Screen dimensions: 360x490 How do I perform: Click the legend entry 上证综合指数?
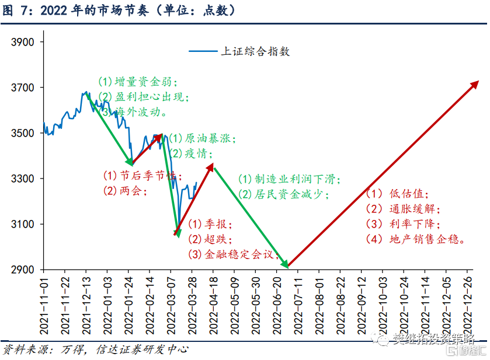(x=255, y=51)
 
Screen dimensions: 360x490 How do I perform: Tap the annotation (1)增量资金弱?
(x=138, y=81)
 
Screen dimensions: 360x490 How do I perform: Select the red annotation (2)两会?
(x=125, y=191)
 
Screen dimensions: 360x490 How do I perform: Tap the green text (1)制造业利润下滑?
(x=289, y=180)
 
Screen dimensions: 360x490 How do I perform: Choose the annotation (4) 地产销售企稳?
(x=415, y=239)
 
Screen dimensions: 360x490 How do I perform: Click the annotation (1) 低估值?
(x=398, y=194)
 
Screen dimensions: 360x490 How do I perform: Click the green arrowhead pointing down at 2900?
(x=285, y=265)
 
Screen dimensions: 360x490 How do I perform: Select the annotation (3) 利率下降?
(x=403, y=223)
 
